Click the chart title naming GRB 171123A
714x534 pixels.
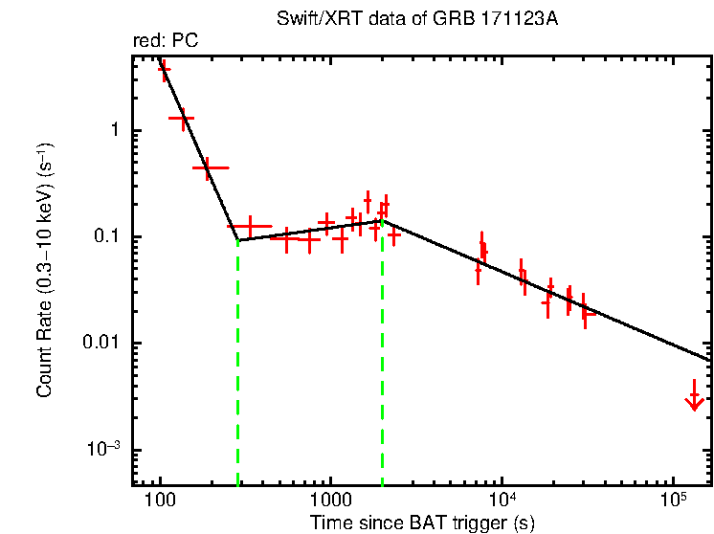pos(416,19)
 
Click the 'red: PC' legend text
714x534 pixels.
pos(165,41)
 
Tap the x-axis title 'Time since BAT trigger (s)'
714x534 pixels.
pos(422,523)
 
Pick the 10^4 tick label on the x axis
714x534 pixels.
pos(502,501)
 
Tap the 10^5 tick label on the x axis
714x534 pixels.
pos(673,501)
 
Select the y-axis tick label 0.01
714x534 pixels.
pos(101,344)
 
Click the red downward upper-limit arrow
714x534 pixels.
pos(694,400)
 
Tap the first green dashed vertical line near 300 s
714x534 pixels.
pos(237,364)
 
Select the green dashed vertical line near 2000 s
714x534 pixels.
pos(382,364)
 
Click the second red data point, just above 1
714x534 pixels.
pos(181,118)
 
